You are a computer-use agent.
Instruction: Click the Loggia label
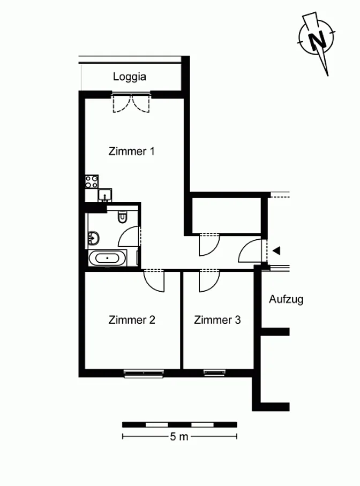pyautogui.click(x=130, y=77)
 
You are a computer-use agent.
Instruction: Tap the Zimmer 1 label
pyautogui.click(x=131, y=151)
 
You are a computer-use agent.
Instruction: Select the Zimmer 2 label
pyautogui.click(x=132, y=320)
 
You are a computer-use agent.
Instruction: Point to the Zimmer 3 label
pyautogui.click(x=217, y=320)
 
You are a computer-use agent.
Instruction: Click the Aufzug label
pyautogui.click(x=286, y=299)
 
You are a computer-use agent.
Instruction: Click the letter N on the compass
pyautogui.click(x=317, y=40)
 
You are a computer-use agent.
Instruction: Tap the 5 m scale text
pyautogui.click(x=179, y=437)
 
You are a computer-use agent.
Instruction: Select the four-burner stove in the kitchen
pyautogui.click(x=92, y=181)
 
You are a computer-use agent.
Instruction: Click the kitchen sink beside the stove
pyautogui.click(x=105, y=195)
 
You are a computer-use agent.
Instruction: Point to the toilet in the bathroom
pyautogui.click(x=123, y=217)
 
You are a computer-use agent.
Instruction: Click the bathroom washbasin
pyautogui.click(x=94, y=238)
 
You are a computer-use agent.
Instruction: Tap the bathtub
pyautogui.click(x=107, y=258)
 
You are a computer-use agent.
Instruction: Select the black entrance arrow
pyautogui.click(x=276, y=250)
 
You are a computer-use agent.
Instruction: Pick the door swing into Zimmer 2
pyautogui.click(x=154, y=281)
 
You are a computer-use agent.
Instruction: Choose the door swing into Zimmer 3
pyautogui.click(x=209, y=281)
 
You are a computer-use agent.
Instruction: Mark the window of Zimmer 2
pyautogui.click(x=144, y=373)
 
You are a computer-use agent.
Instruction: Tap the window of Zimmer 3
pyautogui.click(x=214, y=373)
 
